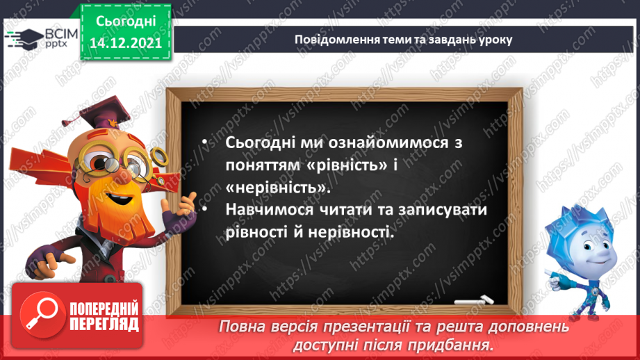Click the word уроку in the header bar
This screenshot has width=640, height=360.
coord(495,39)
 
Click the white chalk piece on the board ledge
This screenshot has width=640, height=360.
coord(474,300)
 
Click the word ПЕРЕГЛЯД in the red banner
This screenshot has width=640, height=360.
coord(103,323)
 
